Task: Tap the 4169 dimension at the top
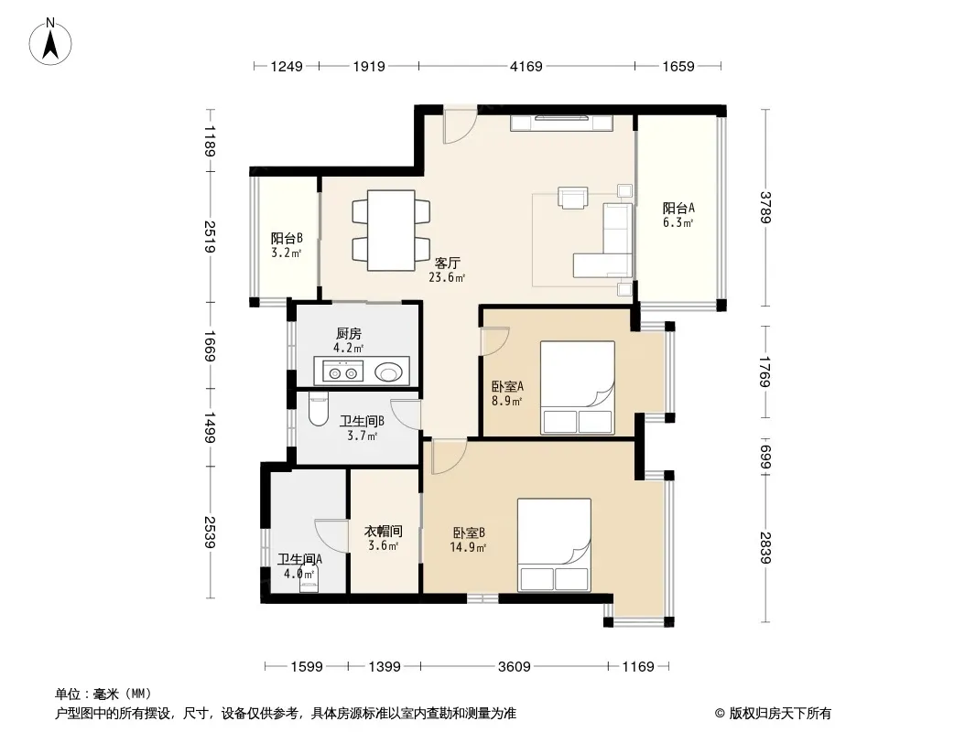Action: point(526,66)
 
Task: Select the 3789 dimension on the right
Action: point(765,207)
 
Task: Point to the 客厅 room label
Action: point(447,264)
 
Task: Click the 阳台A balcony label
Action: point(678,208)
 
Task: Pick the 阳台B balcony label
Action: point(287,238)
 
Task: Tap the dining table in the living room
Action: point(391,230)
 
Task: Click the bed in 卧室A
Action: point(577,387)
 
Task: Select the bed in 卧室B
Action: point(554,544)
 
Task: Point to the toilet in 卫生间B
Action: point(318,411)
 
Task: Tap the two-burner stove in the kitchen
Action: point(343,372)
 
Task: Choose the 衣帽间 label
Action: point(383,531)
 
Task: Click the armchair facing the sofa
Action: point(572,197)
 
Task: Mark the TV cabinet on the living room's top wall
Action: point(561,123)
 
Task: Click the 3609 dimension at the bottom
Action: point(515,667)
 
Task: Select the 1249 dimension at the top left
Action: point(287,66)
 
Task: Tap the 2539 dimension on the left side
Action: point(211,533)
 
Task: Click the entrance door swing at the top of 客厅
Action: point(460,127)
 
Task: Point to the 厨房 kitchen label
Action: point(349,334)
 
